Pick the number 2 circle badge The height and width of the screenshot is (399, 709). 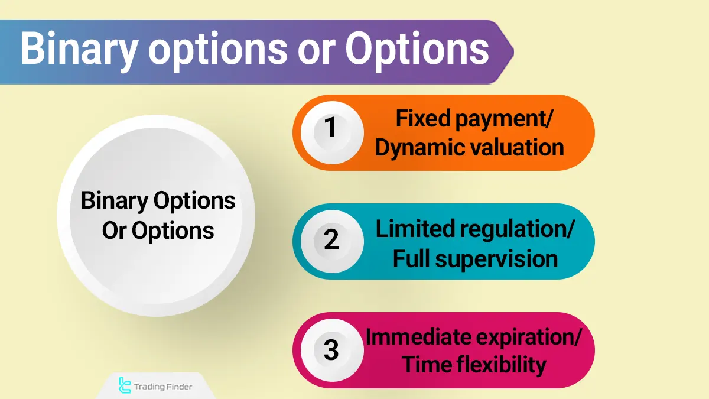coord(331,239)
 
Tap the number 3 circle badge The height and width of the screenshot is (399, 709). coord(331,350)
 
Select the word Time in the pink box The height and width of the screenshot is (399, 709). coord(425,365)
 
